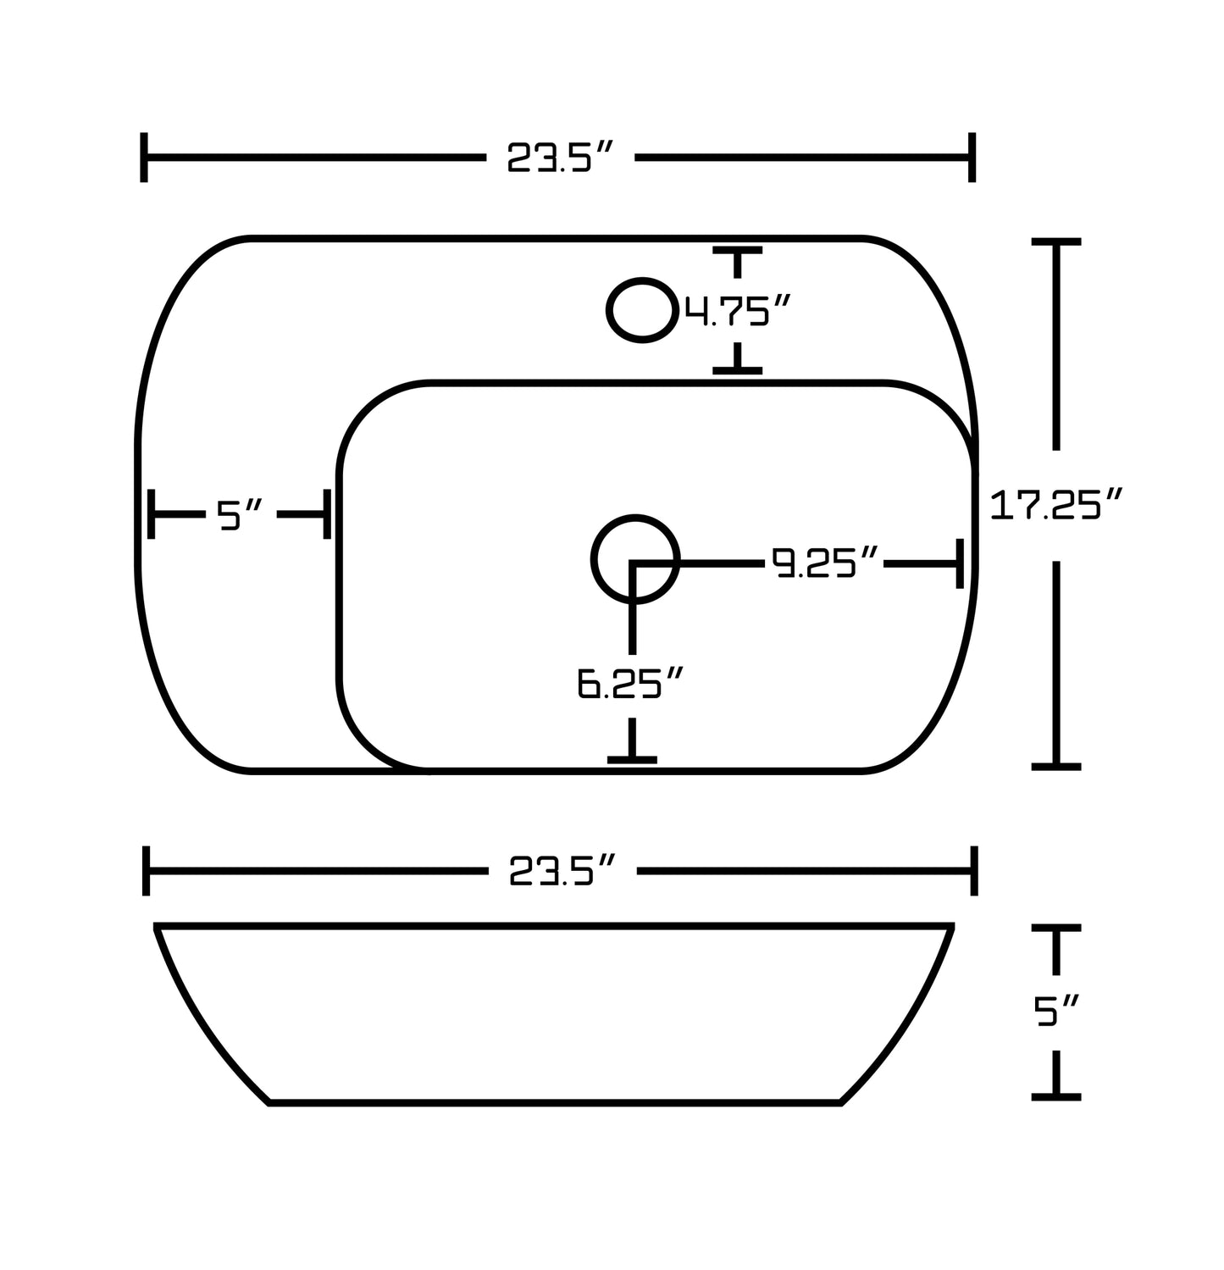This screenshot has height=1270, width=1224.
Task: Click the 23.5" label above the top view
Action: click(559, 158)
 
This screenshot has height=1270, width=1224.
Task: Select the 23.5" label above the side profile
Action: click(561, 871)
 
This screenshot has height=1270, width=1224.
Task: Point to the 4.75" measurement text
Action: click(738, 312)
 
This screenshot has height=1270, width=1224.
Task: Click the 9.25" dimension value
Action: click(824, 563)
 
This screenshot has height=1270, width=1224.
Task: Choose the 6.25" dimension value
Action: click(630, 684)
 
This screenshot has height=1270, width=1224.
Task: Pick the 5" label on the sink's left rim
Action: click(241, 514)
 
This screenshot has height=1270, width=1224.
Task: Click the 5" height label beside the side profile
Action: click(1056, 1012)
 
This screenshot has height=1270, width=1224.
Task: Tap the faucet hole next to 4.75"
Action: click(642, 310)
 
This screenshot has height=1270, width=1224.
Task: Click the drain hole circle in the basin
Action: click(634, 559)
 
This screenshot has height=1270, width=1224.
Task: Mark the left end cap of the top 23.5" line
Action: click(145, 158)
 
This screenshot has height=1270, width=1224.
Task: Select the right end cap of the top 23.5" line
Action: click(972, 158)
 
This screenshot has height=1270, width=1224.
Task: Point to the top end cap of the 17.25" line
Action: click(1055, 242)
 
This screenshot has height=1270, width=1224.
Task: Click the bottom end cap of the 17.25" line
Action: click(1055, 766)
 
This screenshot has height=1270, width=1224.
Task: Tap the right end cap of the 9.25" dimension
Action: click(959, 563)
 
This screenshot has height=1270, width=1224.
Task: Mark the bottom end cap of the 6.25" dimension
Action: click(632, 759)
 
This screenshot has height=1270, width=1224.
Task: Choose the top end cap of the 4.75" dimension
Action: click(738, 251)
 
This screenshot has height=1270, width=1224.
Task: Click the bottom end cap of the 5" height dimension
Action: click(1055, 1096)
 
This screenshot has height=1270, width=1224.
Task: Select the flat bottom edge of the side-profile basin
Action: click(555, 1102)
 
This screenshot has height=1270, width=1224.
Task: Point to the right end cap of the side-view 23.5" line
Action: click(974, 870)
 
